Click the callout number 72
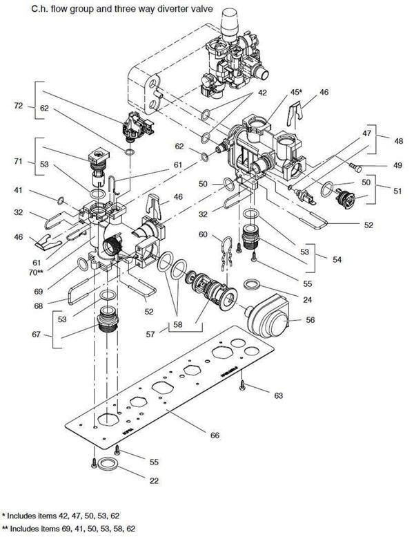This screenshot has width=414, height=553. (x=19, y=106)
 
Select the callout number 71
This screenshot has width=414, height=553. (x=18, y=161)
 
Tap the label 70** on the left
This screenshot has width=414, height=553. (x=36, y=272)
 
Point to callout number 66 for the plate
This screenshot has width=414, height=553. (x=215, y=435)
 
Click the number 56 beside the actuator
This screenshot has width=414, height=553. (x=310, y=320)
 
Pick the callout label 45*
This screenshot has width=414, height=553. (x=296, y=92)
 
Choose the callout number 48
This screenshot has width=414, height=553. (x=399, y=141)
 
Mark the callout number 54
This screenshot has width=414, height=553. (x=337, y=260)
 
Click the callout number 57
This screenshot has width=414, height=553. (x=150, y=334)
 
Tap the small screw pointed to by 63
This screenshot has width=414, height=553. (x=242, y=385)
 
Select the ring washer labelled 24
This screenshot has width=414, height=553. (x=252, y=284)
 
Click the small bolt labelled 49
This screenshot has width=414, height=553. (x=355, y=167)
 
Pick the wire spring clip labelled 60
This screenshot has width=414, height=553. (x=226, y=254)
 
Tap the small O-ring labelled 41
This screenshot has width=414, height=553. (x=61, y=200)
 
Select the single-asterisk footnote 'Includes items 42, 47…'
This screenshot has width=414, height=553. (x=60, y=516)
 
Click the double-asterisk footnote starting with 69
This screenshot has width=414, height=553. (x=68, y=528)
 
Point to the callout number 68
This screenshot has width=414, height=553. (x=39, y=306)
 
